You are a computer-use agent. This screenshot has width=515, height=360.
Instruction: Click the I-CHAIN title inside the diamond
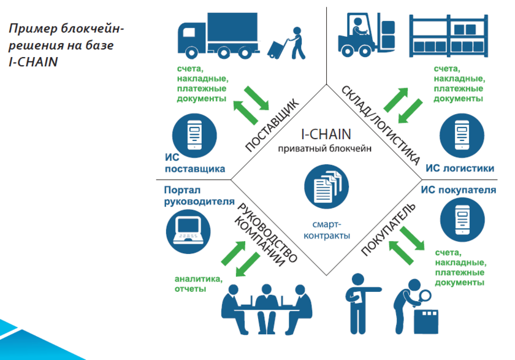pos(325,134)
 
